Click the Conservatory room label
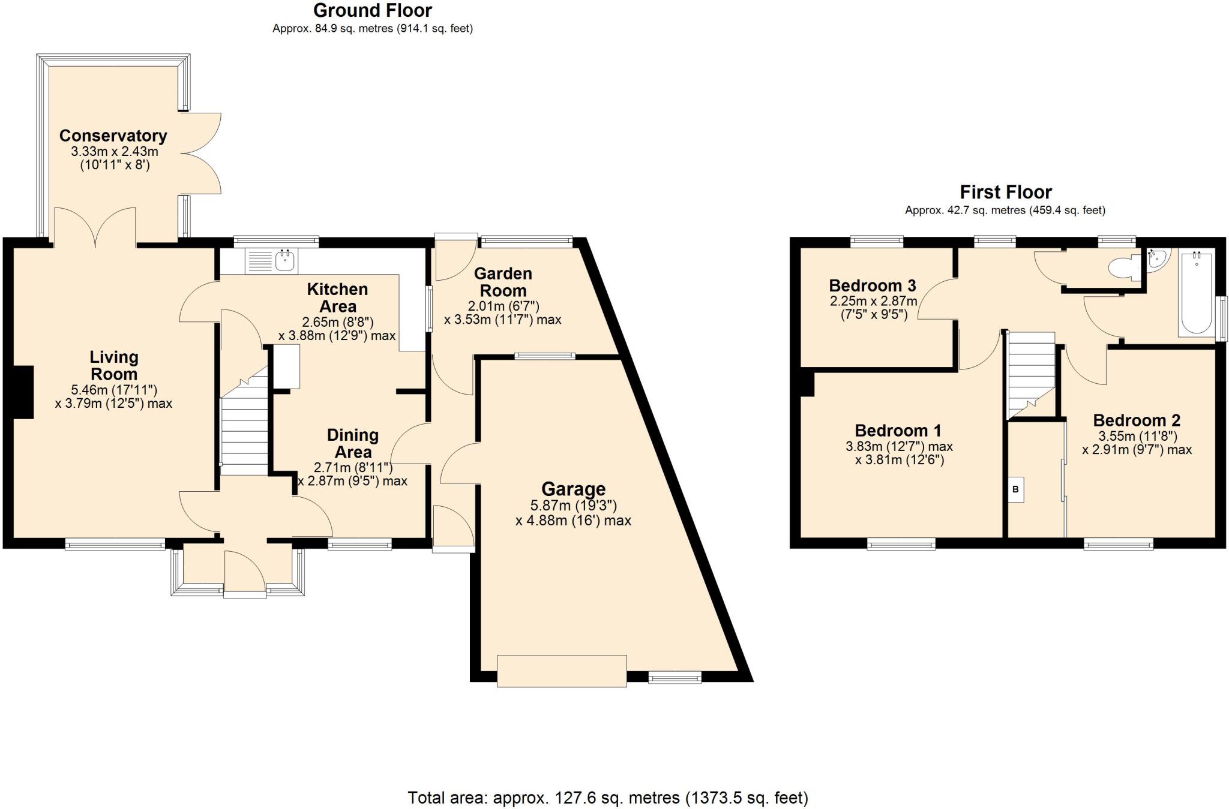[x=113, y=136]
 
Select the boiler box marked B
[x=1015, y=489]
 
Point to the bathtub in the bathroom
[x=1196, y=293]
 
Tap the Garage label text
[x=573, y=489]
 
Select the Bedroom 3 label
[x=873, y=285]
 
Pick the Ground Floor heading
[x=372, y=11]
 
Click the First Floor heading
[x=1005, y=193]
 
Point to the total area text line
[x=607, y=798]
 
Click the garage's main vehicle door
[x=562, y=671]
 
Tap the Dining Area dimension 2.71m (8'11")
[x=353, y=467]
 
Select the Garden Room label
[x=503, y=282]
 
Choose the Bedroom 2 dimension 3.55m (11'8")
[x=1137, y=436]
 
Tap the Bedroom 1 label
[x=898, y=431]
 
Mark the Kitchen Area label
[x=337, y=297]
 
